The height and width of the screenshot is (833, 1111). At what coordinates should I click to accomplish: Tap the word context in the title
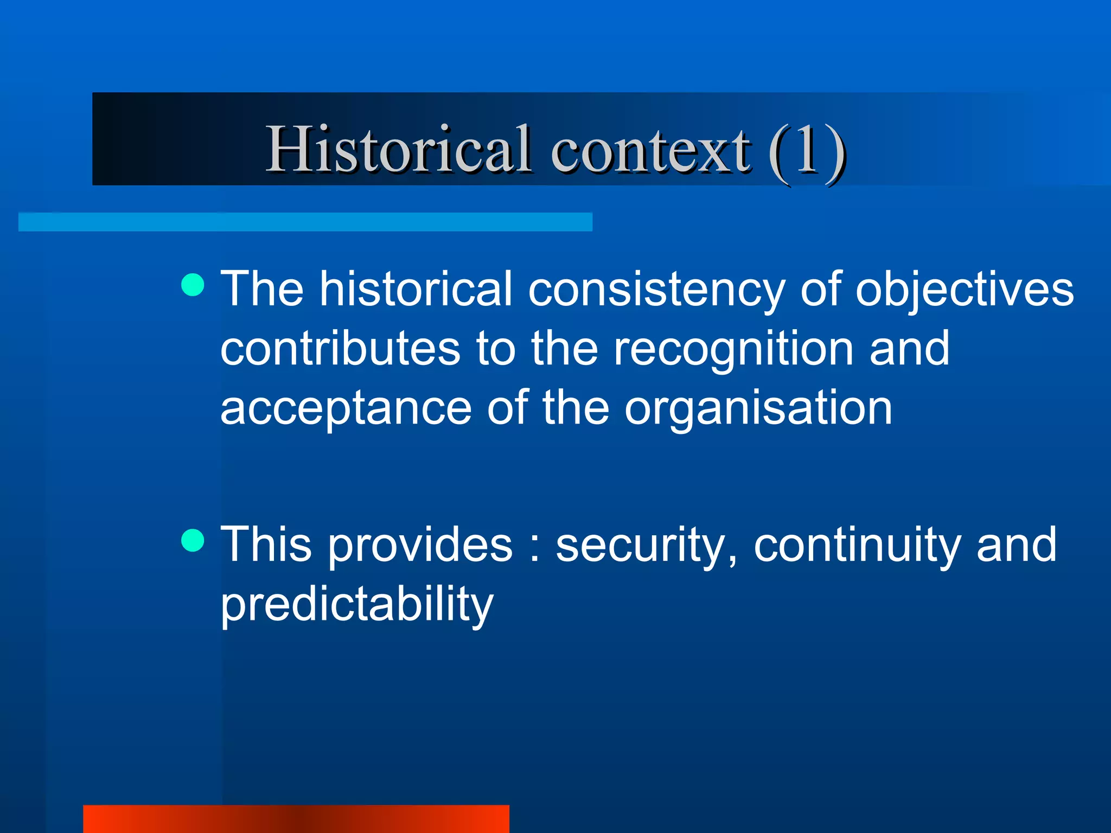650,150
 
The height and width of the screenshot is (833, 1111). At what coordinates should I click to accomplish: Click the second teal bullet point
193,540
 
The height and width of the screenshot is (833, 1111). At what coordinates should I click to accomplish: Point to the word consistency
656,290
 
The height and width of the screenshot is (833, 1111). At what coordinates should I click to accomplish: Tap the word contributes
340,349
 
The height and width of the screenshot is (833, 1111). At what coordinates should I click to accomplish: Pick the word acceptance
346,408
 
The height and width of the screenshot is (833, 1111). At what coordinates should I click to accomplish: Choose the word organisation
758,408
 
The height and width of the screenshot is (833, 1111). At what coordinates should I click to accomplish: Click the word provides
420,545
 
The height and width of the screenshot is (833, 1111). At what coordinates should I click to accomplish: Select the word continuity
857,545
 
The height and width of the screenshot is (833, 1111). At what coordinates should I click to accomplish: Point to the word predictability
356,605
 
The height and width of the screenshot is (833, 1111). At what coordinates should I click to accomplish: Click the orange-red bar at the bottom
296,819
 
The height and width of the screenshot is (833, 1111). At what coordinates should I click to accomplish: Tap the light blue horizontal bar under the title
305,222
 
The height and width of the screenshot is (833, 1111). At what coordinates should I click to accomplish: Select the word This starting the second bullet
266,545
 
